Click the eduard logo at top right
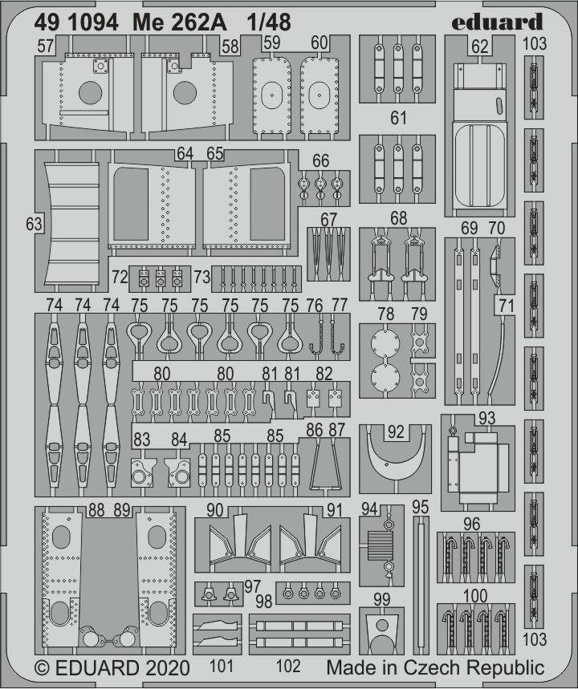(x=497, y=22)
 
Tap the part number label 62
(x=480, y=47)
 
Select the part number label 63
(x=34, y=224)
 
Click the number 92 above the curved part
(x=396, y=432)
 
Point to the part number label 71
(x=507, y=306)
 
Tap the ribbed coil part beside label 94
(x=378, y=546)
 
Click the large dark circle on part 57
(x=90, y=93)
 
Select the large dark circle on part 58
(x=185, y=93)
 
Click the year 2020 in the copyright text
(x=165, y=668)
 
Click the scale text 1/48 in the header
(x=269, y=22)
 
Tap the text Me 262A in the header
(x=180, y=22)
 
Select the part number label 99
(x=381, y=599)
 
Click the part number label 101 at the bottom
(x=222, y=667)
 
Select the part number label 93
(x=487, y=419)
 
